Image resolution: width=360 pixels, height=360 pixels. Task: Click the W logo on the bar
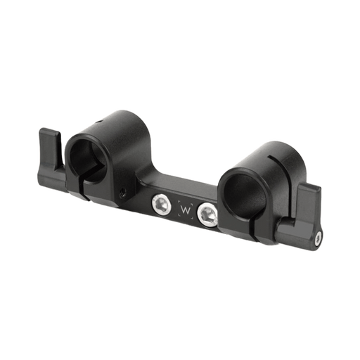pyautogui.click(x=186, y=210)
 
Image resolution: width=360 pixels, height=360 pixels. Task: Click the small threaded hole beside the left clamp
pyautogui.click(x=124, y=190)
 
